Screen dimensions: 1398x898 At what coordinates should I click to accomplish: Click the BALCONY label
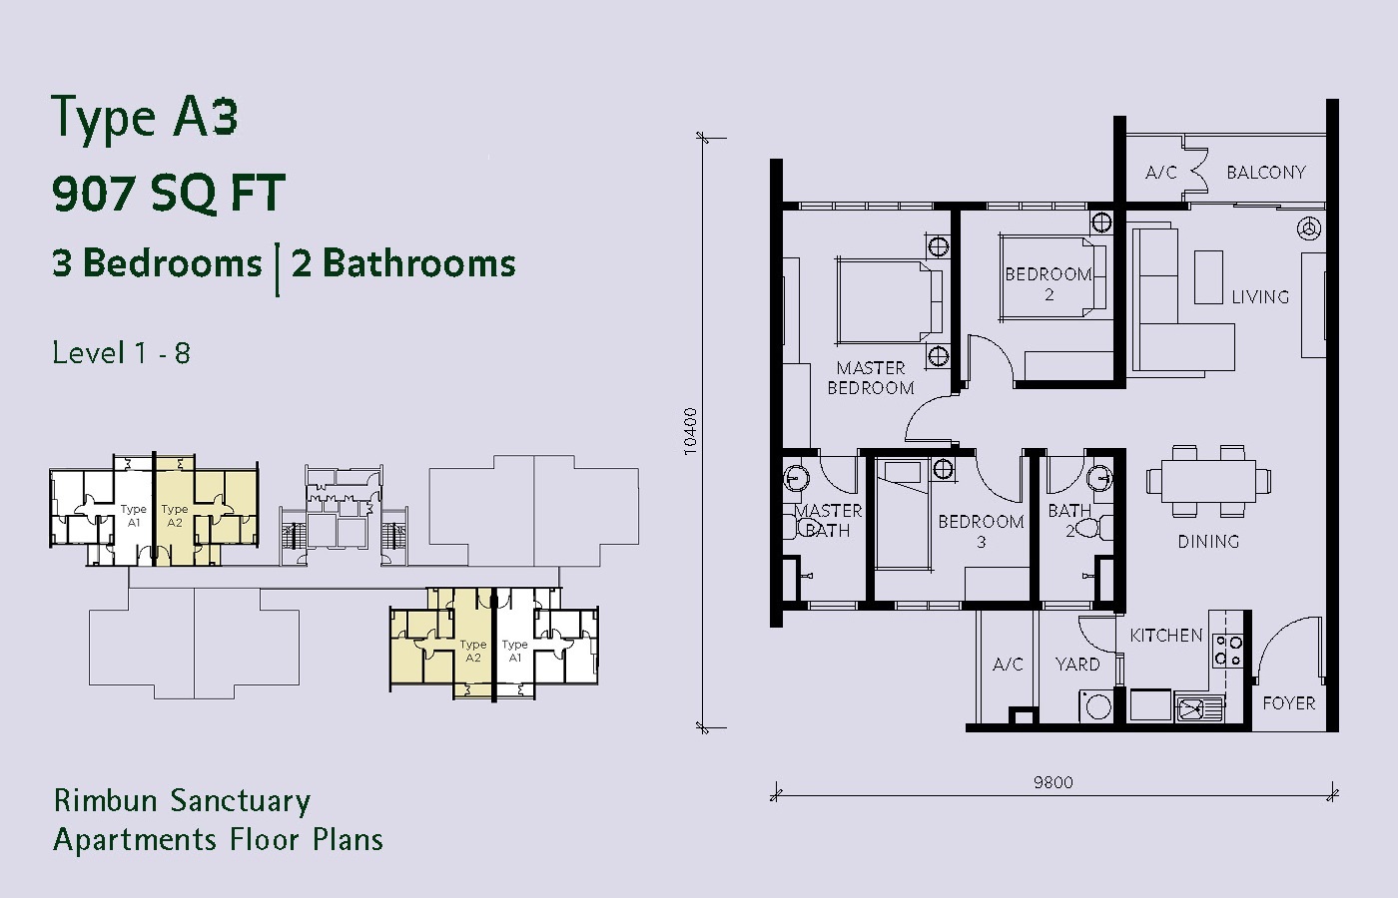click(x=1266, y=172)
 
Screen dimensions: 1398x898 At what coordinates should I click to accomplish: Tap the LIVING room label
click(x=1260, y=297)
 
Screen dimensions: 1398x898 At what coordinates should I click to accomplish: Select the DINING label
click(x=1208, y=541)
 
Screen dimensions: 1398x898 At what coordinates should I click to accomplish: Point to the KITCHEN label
click(x=1166, y=636)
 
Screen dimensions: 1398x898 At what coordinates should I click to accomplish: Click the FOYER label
click(x=1289, y=703)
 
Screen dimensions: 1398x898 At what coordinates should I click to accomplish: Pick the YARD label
click(x=1077, y=665)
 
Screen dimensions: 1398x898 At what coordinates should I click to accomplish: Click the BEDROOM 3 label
click(x=981, y=531)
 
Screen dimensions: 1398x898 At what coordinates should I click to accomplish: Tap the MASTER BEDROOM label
click(x=871, y=378)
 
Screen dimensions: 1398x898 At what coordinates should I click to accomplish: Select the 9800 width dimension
click(x=1052, y=782)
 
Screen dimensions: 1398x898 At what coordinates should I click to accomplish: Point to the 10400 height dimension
click(x=690, y=431)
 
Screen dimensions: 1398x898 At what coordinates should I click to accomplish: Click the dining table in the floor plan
click(x=1208, y=481)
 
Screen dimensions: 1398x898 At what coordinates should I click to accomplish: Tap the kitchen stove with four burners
click(x=1227, y=651)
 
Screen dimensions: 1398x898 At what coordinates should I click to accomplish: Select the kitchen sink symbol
click(x=1198, y=707)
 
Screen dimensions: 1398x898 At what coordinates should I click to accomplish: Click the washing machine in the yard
click(x=1096, y=706)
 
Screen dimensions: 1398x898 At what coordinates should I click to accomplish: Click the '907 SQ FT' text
click(x=169, y=193)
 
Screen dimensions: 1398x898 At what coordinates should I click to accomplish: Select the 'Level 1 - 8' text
click(x=121, y=353)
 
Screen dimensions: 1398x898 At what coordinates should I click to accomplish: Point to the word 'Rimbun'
click(x=105, y=800)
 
